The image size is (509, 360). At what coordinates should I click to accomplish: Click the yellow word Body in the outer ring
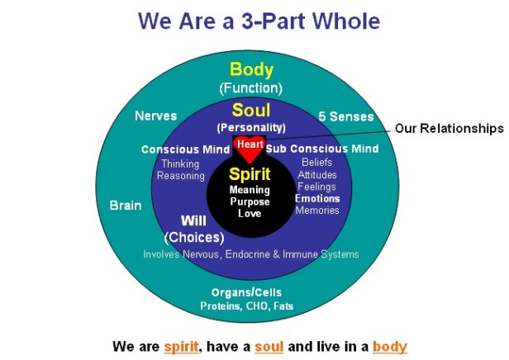250,69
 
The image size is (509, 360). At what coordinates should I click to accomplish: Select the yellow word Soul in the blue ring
250,110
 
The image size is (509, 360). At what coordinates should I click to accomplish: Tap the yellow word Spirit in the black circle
250,174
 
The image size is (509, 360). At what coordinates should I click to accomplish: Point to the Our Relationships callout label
449,129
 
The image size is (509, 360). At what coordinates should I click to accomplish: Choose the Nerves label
155,116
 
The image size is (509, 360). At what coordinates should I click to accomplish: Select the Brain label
126,205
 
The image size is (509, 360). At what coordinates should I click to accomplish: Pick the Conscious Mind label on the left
184,149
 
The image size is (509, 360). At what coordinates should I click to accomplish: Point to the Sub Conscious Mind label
322,149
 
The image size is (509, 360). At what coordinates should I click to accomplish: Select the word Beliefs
317,163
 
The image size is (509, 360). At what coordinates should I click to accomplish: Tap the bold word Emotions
317,198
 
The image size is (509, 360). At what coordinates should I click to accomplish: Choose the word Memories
317,211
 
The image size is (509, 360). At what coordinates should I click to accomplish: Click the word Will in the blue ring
193,220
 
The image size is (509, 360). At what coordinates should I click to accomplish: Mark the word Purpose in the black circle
250,202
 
